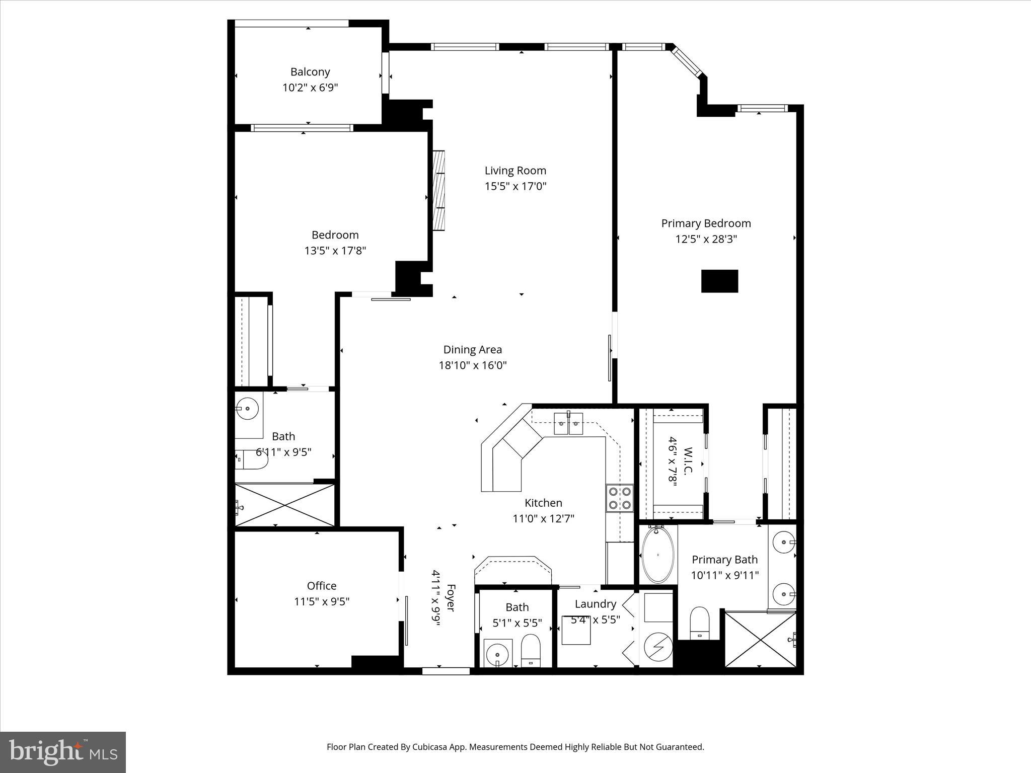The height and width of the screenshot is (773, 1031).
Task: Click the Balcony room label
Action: pyautogui.click(x=310, y=72)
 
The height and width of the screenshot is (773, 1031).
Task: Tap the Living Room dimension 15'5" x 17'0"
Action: pyautogui.click(x=515, y=187)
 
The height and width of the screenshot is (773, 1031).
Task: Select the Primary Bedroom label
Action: pyautogui.click(x=706, y=223)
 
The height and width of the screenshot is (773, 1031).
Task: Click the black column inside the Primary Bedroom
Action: pyautogui.click(x=719, y=281)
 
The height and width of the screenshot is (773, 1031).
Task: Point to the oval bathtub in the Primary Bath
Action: pyautogui.click(x=658, y=555)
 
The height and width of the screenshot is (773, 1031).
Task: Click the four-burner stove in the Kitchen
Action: pyautogui.click(x=619, y=498)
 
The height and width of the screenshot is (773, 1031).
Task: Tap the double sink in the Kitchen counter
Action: pyautogui.click(x=568, y=423)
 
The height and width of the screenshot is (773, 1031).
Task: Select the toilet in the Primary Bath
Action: pyautogui.click(x=699, y=623)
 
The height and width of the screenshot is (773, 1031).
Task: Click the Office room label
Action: pyautogui.click(x=321, y=586)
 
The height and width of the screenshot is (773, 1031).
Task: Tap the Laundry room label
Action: pyautogui.click(x=595, y=604)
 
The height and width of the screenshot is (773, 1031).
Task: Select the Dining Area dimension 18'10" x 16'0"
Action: pyautogui.click(x=472, y=365)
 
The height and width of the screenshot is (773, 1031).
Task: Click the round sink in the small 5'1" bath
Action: pyautogui.click(x=497, y=654)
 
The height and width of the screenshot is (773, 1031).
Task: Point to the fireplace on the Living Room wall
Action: pyautogui.click(x=439, y=190)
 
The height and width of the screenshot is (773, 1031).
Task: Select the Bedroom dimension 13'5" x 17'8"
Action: pyautogui.click(x=335, y=251)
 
